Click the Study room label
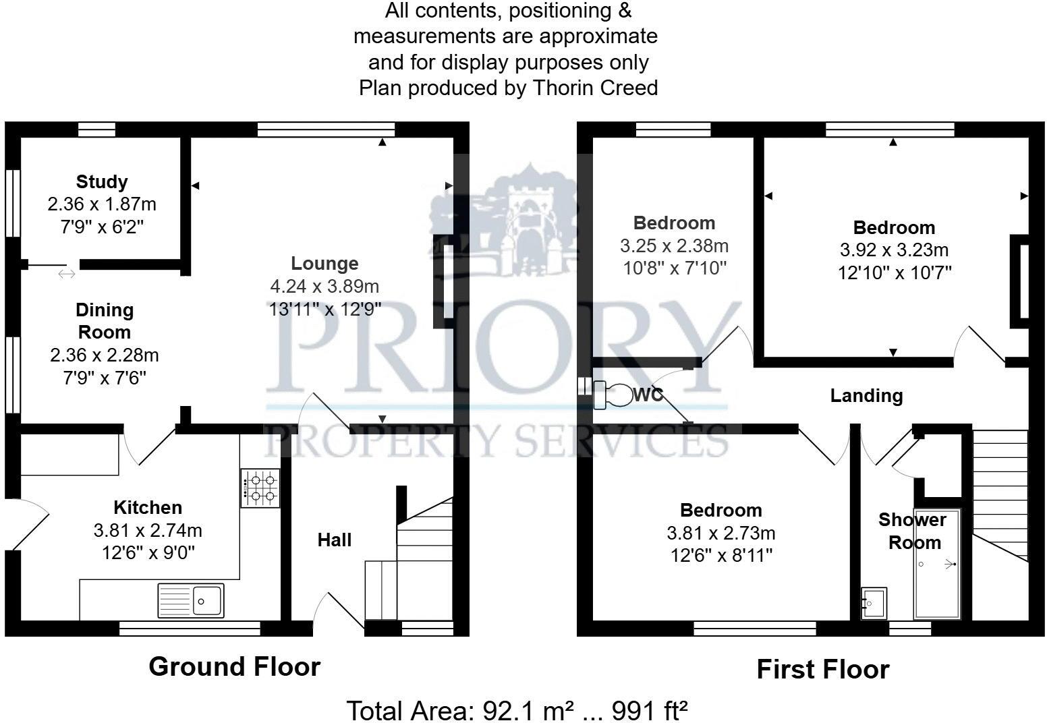[x=102, y=181]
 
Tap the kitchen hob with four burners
[x=260, y=488]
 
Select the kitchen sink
[x=191, y=600]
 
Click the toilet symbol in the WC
[x=613, y=396]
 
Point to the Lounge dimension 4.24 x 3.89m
[x=324, y=287]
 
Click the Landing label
[x=866, y=395]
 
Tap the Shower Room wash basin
[x=874, y=602]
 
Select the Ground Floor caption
[x=234, y=666]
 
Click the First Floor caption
[x=822, y=669]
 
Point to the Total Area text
[x=517, y=710]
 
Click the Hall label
[x=335, y=540]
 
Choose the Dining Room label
[x=105, y=321]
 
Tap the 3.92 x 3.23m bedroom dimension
[x=894, y=250]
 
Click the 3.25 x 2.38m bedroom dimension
[x=674, y=245]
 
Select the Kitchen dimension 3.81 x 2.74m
[x=148, y=531]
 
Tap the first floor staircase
[x=1000, y=492]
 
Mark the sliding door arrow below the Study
[x=67, y=273]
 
